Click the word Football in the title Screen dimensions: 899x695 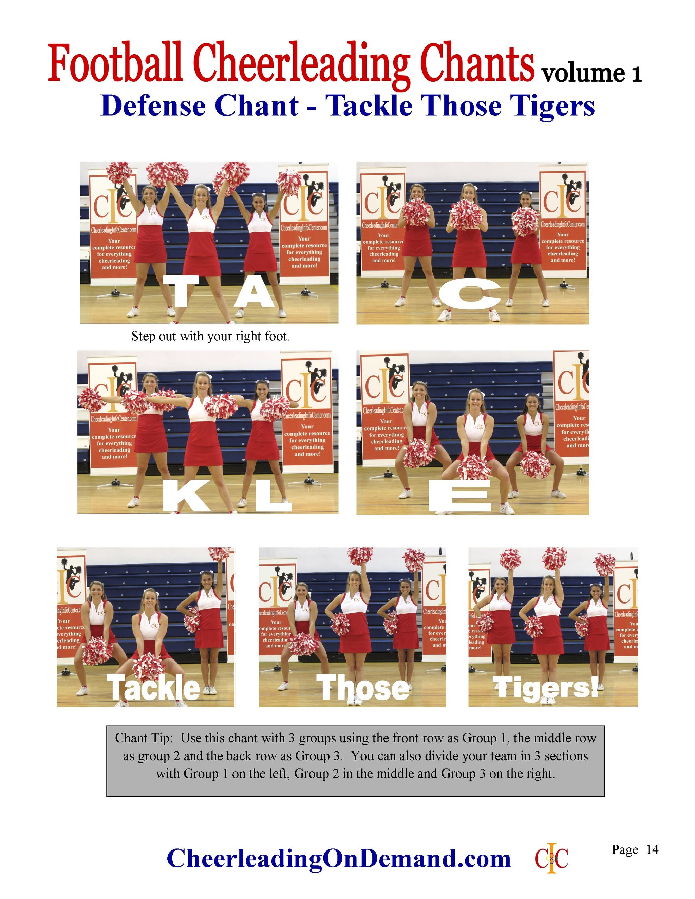pos(116,64)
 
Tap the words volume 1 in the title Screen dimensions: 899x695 pos(591,74)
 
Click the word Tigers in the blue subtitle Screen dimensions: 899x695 pos(549,106)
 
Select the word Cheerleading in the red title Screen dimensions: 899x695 pos(301,64)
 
